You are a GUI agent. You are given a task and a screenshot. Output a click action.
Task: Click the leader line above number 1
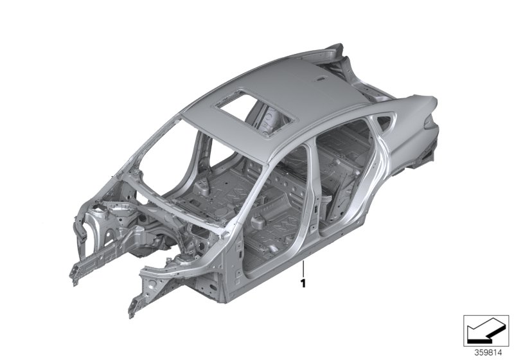point(303,269)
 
